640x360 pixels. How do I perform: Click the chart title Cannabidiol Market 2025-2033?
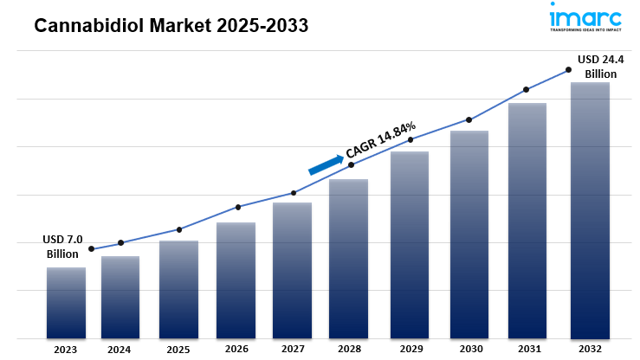tap(171, 26)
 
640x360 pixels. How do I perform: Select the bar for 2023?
tap(66, 303)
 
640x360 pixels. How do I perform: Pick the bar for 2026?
tap(236, 280)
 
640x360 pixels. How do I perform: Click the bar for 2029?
tap(410, 245)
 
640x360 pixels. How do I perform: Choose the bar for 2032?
tap(590, 210)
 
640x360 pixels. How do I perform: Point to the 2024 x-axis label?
tap(120, 350)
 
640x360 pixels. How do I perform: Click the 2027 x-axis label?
tap(293, 350)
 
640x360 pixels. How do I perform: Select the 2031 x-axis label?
tap(528, 350)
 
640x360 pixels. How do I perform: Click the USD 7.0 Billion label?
tap(62, 247)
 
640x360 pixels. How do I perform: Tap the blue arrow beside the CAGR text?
tap(326, 164)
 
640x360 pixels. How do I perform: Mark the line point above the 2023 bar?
tap(91, 249)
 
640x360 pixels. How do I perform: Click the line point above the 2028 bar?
tap(351, 164)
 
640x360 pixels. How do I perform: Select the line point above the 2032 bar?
tap(569, 69)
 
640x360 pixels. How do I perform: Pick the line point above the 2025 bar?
tap(178, 229)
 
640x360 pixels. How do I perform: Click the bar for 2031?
tap(527, 221)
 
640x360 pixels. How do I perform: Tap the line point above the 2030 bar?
tap(469, 119)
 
